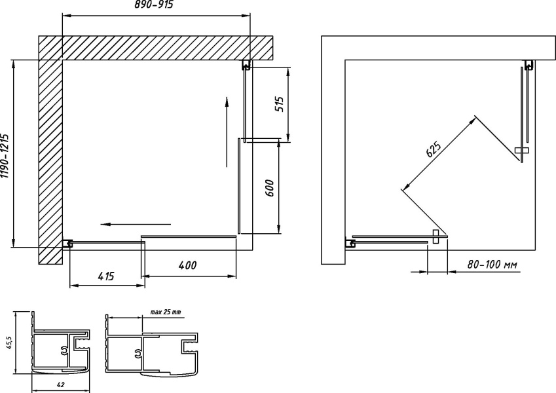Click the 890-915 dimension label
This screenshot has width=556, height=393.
point(154,5)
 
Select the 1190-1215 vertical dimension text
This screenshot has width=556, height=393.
point(5,156)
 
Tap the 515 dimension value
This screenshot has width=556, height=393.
point(280,104)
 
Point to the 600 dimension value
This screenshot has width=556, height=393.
point(270,188)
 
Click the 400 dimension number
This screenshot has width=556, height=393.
point(187,265)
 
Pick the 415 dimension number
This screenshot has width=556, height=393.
point(105,276)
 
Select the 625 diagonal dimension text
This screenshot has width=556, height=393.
point(434,149)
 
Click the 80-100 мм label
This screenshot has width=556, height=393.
point(492,265)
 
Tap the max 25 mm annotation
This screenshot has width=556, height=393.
point(166,312)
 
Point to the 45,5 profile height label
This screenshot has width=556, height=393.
point(10,343)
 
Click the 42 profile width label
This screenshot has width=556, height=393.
point(60,384)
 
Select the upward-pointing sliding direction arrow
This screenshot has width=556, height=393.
point(227,132)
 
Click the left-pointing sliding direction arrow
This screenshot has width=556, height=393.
point(136,224)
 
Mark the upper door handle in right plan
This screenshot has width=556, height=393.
point(521,151)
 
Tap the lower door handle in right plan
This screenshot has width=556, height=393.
point(436,236)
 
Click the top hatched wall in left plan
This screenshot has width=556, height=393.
point(156,48)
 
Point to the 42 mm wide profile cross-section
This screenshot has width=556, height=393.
point(60,343)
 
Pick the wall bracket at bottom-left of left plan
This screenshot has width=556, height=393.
point(67,243)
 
